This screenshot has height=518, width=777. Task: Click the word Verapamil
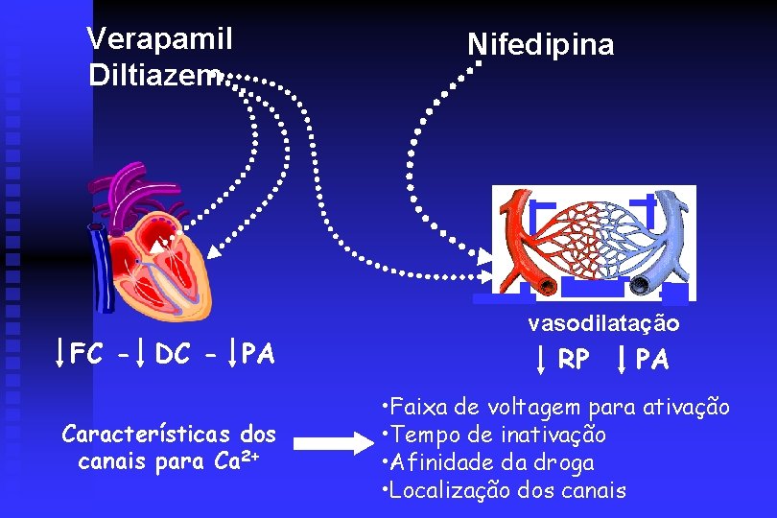[160, 38]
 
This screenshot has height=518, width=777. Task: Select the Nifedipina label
[540, 44]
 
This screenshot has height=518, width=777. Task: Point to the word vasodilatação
[603, 324]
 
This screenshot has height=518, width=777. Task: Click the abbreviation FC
[87, 354]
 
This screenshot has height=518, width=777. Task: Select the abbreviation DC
[173, 354]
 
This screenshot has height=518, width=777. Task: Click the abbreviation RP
[574, 360]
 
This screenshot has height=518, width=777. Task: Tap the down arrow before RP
[541, 359]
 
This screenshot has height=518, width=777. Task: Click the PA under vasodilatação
[653, 360]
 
